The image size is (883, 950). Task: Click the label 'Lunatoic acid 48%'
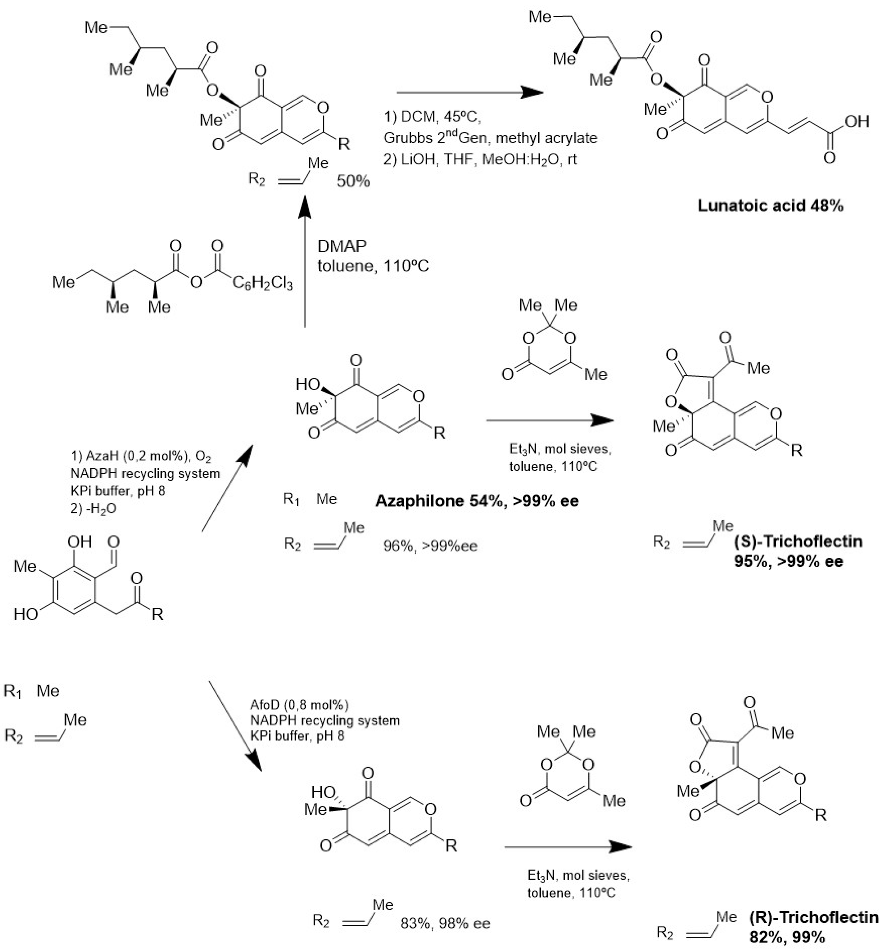(x=770, y=206)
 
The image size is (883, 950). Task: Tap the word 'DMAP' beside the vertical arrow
(x=342, y=246)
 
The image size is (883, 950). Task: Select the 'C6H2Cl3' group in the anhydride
(x=263, y=283)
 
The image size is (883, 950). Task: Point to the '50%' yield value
(x=353, y=182)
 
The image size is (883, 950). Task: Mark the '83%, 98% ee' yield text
(x=445, y=923)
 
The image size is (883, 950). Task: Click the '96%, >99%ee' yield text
(x=430, y=546)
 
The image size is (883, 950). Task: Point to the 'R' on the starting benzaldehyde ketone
(x=158, y=614)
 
